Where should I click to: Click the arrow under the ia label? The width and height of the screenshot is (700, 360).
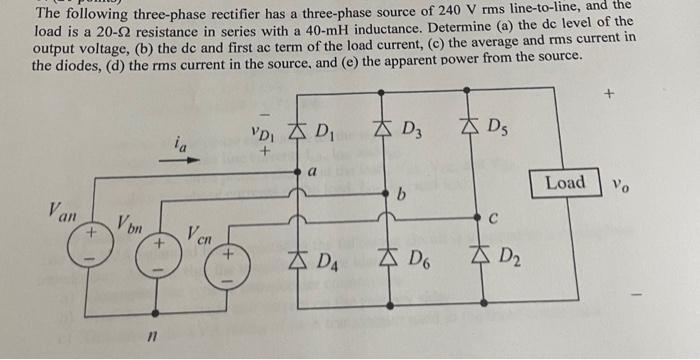click(x=187, y=159)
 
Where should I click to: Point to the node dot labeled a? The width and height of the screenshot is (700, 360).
click(x=297, y=174)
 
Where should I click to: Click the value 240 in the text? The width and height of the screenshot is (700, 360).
click(x=472, y=10)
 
